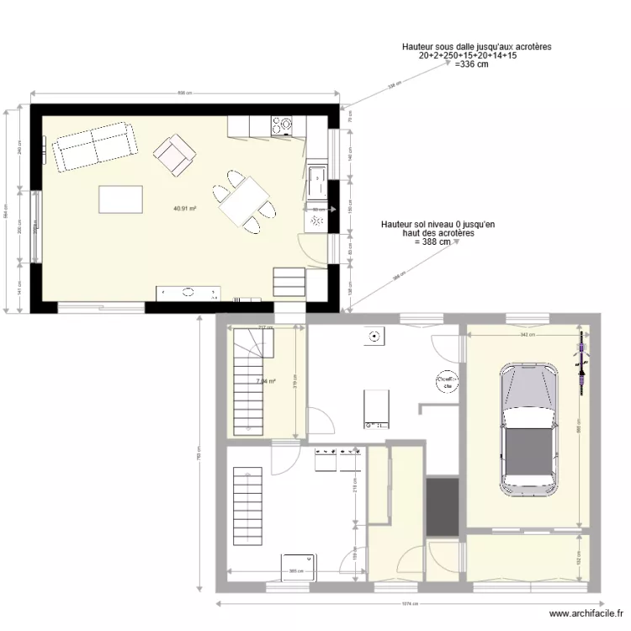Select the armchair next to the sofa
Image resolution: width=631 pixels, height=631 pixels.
[x=174, y=156]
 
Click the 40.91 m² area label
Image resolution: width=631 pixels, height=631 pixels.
[x=185, y=209]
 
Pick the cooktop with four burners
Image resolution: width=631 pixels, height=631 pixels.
[x=282, y=126]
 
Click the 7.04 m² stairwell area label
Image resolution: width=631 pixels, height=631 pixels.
[x=266, y=381]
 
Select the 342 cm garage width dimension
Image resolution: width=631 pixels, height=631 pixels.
[x=527, y=335]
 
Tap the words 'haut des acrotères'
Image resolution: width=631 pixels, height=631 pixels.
[x=437, y=233]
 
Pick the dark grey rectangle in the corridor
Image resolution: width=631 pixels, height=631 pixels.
[x=442, y=507]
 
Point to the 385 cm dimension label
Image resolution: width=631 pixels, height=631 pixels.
[x=295, y=571]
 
